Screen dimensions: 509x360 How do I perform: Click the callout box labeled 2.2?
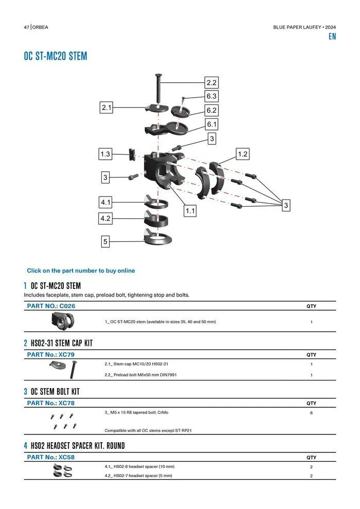point(211,82)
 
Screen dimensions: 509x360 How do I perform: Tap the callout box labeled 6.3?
point(211,96)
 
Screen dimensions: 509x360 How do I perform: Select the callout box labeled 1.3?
point(105,154)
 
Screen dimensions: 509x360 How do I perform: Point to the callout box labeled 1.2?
point(243,154)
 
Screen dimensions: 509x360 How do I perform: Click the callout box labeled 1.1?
point(190,210)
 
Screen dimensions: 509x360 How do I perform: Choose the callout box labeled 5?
point(105,241)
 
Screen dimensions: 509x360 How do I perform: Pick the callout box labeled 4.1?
point(105,203)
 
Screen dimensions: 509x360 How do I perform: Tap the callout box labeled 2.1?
point(106,107)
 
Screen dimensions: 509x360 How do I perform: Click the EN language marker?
point(332,37)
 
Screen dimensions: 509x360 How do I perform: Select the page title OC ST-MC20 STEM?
point(56,56)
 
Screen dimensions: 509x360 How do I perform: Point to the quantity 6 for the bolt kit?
point(311,413)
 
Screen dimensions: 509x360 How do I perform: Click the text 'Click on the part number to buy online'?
point(81,270)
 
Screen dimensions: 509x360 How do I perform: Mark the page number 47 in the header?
point(26,27)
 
